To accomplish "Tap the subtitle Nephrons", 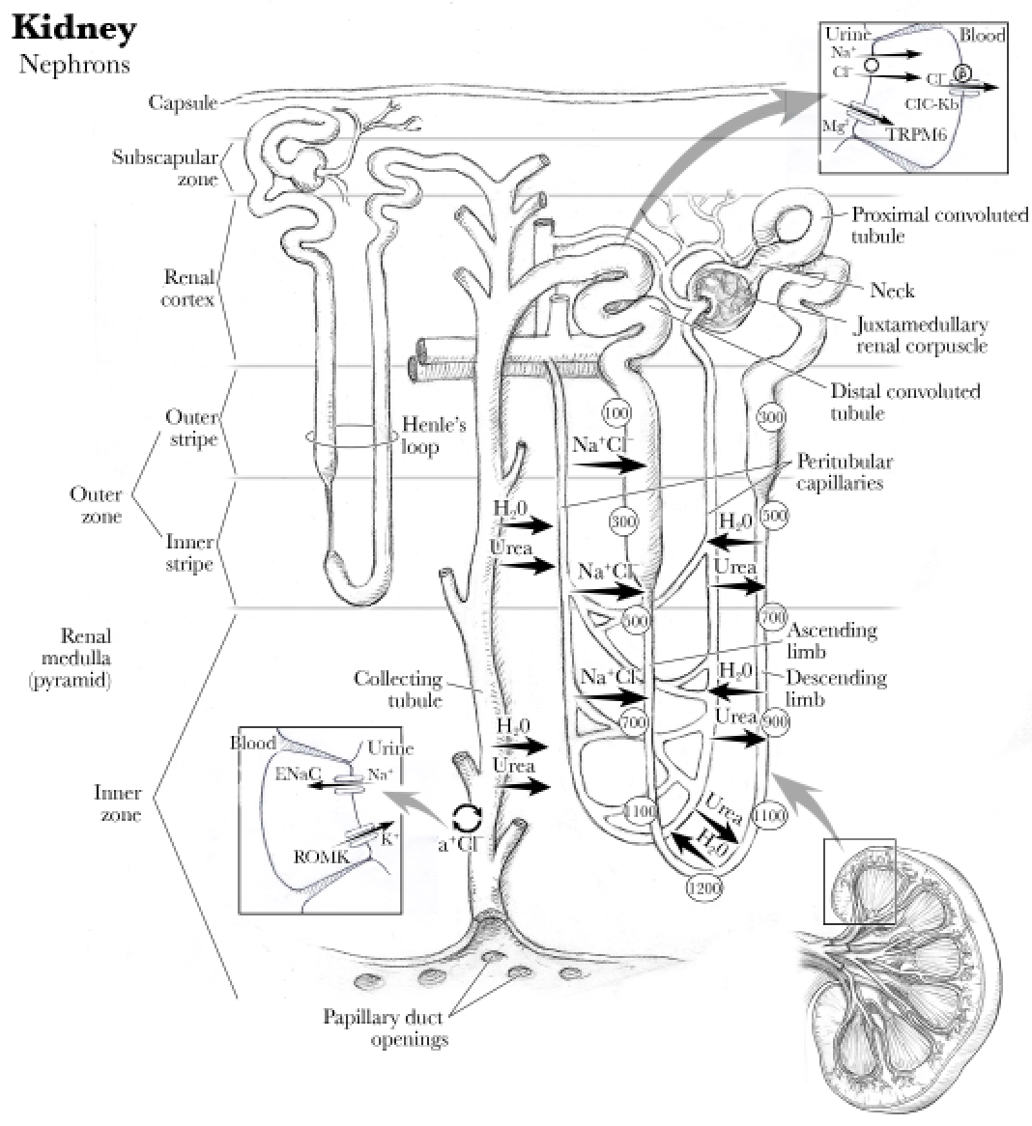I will coord(73,65).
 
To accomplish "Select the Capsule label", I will coord(183,101).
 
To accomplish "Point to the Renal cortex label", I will coord(188,288).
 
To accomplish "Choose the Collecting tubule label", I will coord(397,690).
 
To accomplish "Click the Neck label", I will coord(891,290).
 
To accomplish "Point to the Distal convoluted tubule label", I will coord(904,402).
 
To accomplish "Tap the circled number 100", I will coord(616,413).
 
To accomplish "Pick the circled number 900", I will coord(775,720).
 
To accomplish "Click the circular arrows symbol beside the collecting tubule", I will coord(468,818).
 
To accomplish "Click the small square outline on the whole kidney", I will coord(859,881).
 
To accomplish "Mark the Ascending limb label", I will coord(832,640).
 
